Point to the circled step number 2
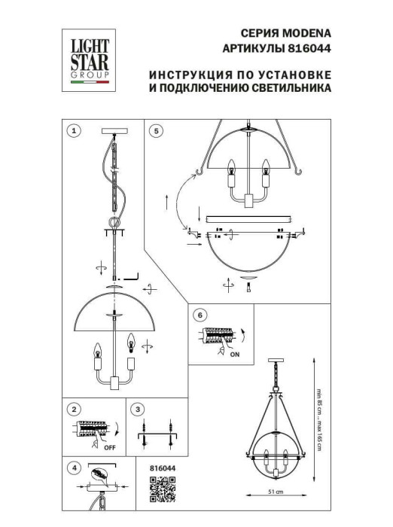pos(73,410)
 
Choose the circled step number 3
pos(137,410)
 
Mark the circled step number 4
pos(73,468)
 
